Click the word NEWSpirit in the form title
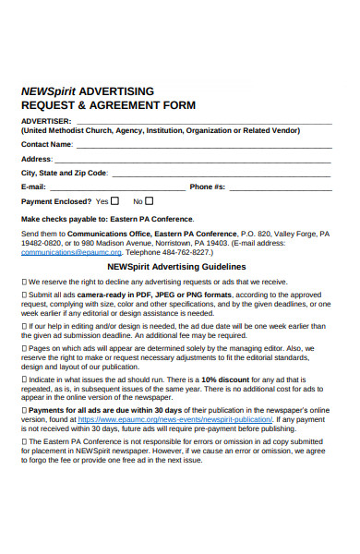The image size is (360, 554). (48, 91)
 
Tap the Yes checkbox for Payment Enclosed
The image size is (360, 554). (114, 200)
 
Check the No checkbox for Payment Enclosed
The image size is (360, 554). (150, 200)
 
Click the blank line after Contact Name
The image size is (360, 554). (203, 146)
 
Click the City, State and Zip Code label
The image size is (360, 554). (65, 173)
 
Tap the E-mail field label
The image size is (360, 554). (35, 187)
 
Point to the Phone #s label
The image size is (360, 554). (208, 187)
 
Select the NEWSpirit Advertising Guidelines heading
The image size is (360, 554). (189, 266)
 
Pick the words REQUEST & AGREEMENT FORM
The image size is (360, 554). (109, 105)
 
